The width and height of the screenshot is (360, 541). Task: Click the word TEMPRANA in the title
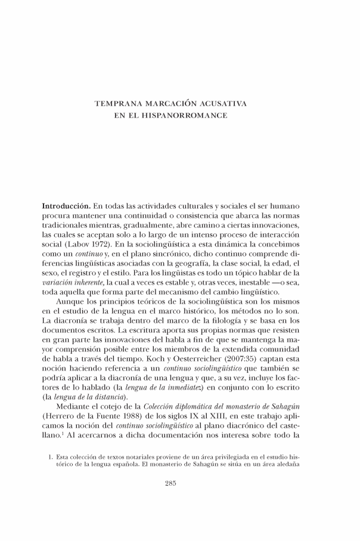(119, 104)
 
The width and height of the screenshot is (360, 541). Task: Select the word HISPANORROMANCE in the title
(188, 115)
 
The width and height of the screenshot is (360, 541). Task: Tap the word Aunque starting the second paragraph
(71, 302)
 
